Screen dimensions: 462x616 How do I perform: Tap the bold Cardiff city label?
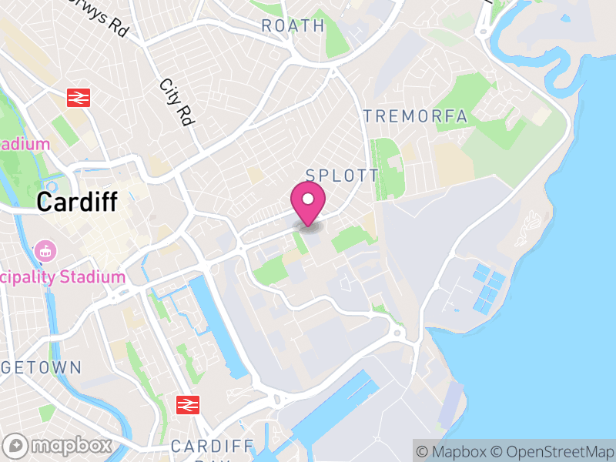pos(77,203)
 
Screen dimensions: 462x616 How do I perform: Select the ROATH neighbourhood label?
pos(293,25)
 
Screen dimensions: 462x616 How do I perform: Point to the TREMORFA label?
pos(415,116)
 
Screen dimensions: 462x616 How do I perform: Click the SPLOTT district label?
pos(343,176)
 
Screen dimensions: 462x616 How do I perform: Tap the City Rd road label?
pos(176,102)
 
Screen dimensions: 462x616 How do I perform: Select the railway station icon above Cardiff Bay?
pos(188,404)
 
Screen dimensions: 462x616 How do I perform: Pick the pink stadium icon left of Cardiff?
pos(45,250)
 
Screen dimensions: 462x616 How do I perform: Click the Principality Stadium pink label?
pos(62,277)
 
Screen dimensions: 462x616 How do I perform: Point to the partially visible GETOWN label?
pos(40,367)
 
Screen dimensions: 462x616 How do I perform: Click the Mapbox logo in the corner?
pos(58,445)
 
